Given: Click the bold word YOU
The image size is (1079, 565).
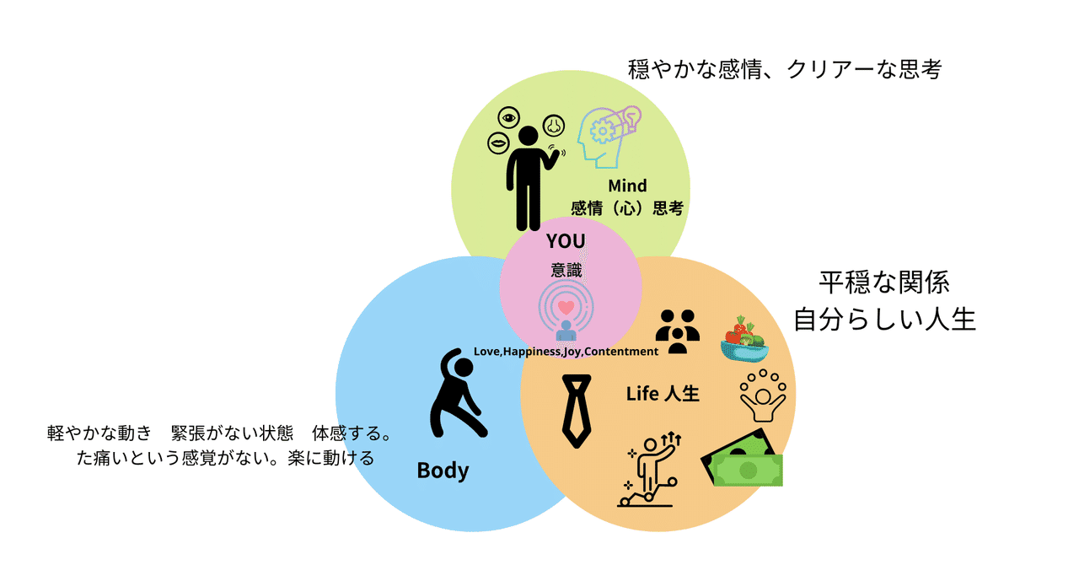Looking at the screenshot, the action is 565,241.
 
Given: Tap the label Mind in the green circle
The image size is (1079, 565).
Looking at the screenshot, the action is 627,186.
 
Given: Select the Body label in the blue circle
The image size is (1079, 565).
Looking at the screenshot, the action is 443,470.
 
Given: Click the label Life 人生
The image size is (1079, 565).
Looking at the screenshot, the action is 663,393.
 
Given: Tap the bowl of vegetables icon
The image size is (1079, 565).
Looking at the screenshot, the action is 743,339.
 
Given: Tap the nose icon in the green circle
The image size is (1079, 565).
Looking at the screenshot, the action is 553,125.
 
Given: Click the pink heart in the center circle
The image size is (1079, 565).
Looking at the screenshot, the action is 566,308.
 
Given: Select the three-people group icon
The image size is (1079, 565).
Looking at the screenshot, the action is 678,331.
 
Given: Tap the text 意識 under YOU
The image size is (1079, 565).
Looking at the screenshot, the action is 565,271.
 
